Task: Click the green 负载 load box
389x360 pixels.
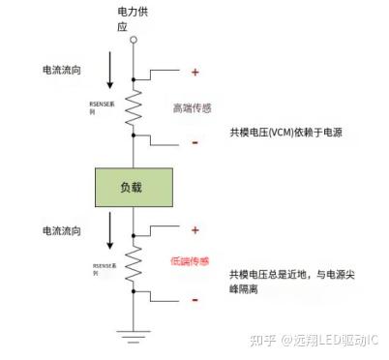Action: point(134,185)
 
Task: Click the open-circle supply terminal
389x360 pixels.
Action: point(135,40)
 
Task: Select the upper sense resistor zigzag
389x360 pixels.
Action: point(135,104)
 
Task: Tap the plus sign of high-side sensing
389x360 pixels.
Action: point(194,72)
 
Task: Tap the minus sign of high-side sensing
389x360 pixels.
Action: point(194,141)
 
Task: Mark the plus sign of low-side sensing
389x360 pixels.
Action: point(194,230)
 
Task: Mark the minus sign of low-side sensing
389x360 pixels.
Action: point(194,300)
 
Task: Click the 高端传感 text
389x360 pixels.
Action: point(193,107)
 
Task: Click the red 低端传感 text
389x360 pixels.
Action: point(191,262)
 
